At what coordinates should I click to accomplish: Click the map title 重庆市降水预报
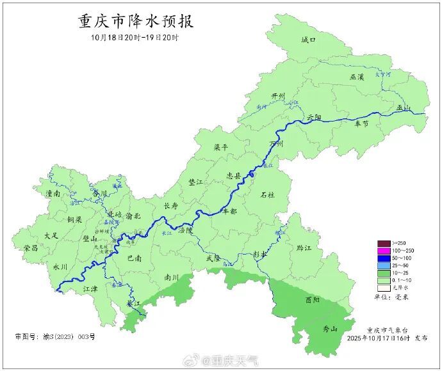pyautogui.click(x=136, y=21)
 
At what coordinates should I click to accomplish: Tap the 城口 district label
pyautogui.click(x=309, y=40)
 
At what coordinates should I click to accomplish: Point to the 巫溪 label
pyautogui.click(x=357, y=77)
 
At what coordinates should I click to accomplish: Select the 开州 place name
pyautogui.click(x=277, y=96)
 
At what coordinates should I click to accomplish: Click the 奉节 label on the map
pyautogui.click(x=362, y=123)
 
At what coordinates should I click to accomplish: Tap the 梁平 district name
pyautogui.click(x=221, y=147)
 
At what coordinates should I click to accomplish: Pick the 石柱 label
pyautogui.click(x=267, y=194)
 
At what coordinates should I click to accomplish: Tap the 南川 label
pyautogui.click(x=171, y=278)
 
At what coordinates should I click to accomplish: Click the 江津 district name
pyautogui.click(x=91, y=289)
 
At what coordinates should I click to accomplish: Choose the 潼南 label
pyautogui.click(x=53, y=193)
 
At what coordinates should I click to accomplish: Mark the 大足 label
pyautogui.click(x=51, y=236)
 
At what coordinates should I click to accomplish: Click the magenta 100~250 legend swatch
pyautogui.click(x=384, y=250)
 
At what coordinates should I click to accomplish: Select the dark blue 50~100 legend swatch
pyautogui.click(x=384, y=257)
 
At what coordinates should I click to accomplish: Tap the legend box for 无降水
pyautogui.click(x=384, y=287)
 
